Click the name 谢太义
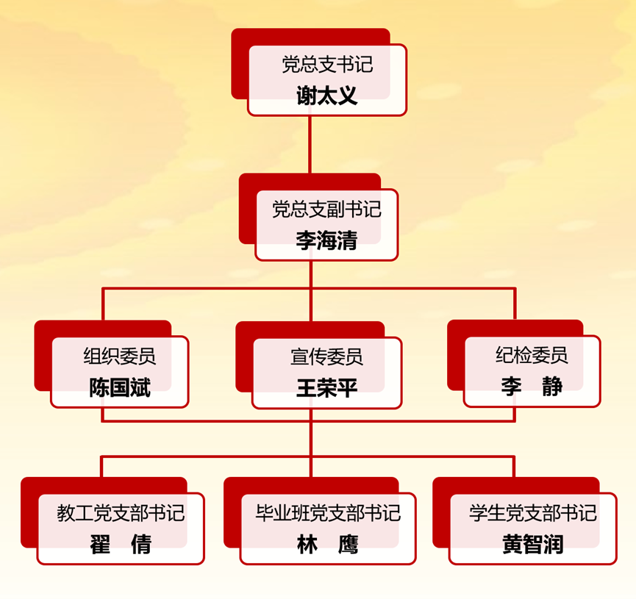[326, 96]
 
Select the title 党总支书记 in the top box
[327, 65]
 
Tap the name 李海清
[326, 240]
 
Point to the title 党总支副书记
[326, 210]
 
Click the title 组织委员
[119, 357]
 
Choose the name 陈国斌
[119, 387]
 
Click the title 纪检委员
[532, 356]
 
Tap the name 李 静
[532, 387]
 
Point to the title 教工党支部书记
[121, 513]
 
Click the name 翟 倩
[121, 544]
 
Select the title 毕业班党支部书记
[327, 513]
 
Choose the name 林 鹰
[327, 544]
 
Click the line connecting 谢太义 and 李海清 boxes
[310, 144]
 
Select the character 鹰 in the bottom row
[348, 544]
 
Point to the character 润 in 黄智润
[554, 544]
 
